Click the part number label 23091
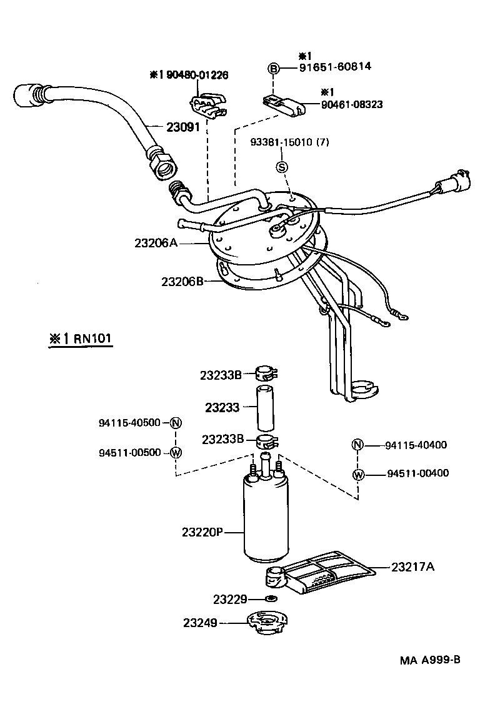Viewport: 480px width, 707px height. (182, 127)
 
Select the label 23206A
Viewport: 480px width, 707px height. (156, 242)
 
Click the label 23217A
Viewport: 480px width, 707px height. (413, 567)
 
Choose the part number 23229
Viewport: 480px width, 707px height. (231, 599)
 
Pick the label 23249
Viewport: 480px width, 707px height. (201, 623)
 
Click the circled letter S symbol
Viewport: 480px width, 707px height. (282, 167)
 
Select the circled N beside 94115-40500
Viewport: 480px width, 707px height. (176, 423)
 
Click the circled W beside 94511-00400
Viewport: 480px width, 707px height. (358, 475)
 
